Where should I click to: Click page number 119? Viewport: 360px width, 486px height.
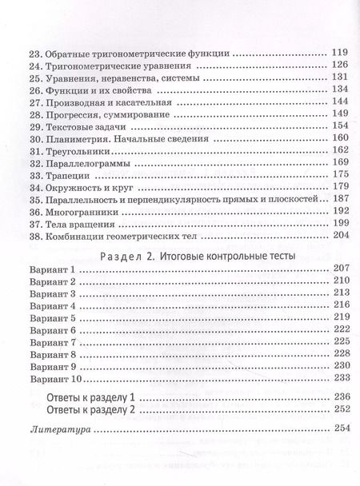click(x=338, y=53)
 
